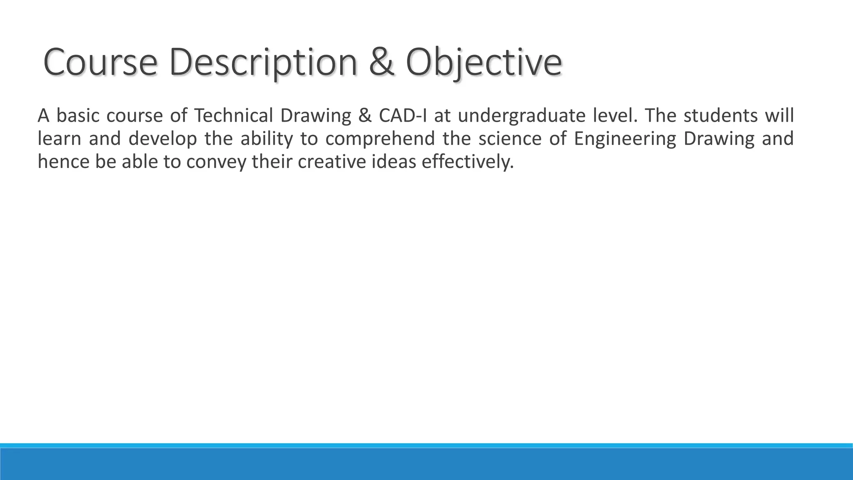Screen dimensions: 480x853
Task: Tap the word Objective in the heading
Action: tap(483, 62)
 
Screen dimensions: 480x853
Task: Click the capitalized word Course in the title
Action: tap(100, 62)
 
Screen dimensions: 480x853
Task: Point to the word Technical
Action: tap(233, 116)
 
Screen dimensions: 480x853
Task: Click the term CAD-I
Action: tap(403, 116)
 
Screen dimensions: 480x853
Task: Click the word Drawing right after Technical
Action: tap(316, 116)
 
